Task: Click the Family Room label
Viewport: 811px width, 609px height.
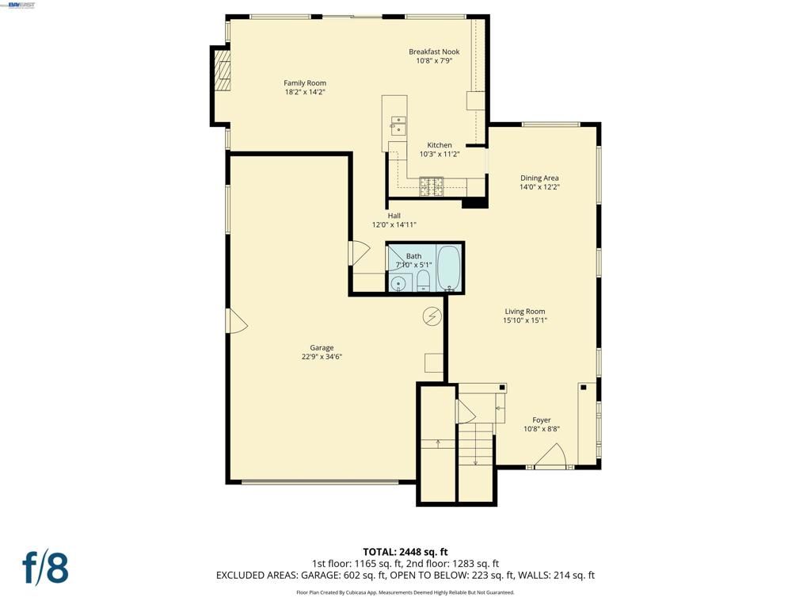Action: pos(305,83)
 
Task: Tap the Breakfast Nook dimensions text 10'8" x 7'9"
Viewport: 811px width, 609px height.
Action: pos(434,61)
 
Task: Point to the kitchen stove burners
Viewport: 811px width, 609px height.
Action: pos(432,187)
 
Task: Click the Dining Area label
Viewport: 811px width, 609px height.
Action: pos(539,178)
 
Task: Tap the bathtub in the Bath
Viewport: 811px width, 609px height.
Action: pos(448,268)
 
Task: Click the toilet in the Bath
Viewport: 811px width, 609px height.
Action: pos(423,280)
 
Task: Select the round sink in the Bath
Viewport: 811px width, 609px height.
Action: pos(398,283)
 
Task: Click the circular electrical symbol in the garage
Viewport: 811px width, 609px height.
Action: pos(432,316)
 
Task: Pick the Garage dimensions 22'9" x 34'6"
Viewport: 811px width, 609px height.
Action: pos(322,357)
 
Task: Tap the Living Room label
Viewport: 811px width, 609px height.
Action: pos(525,312)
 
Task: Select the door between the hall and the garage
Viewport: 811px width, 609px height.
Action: pos(359,253)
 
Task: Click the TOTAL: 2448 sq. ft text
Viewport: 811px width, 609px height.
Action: pos(405,552)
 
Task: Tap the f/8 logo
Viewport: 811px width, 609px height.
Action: pos(45,568)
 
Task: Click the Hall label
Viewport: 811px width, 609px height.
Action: pos(394,216)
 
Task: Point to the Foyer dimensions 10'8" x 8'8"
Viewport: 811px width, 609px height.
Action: pos(542,429)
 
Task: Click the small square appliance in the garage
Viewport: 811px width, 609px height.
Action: pos(434,362)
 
